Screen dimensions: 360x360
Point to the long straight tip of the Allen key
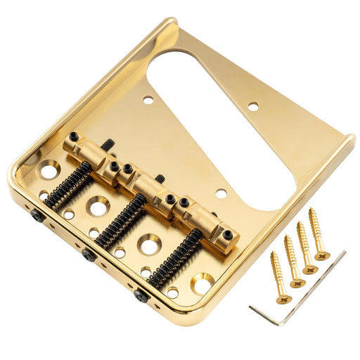point(343,255)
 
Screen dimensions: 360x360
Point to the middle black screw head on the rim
point(88,254)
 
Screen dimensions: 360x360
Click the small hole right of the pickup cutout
point(253,105)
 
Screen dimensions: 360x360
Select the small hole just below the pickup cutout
point(221,192)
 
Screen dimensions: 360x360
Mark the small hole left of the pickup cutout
point(148,101)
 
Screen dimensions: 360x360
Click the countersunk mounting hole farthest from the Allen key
point(49,169)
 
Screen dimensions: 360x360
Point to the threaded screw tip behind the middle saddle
point(161,179)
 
